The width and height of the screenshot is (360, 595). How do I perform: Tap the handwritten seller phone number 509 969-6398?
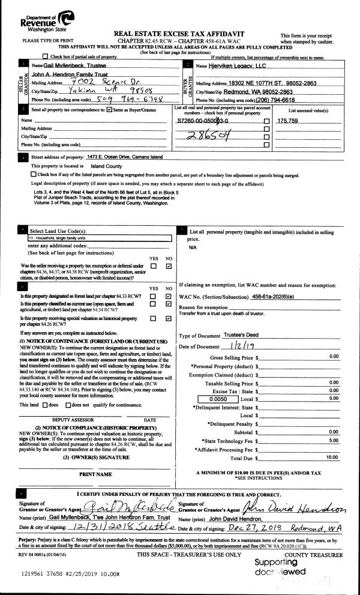(x=129, y=98)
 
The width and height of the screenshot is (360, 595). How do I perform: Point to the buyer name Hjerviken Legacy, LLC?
(x=237, y=64)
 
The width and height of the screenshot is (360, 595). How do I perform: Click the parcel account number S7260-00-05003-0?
(x=207, y=121)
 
